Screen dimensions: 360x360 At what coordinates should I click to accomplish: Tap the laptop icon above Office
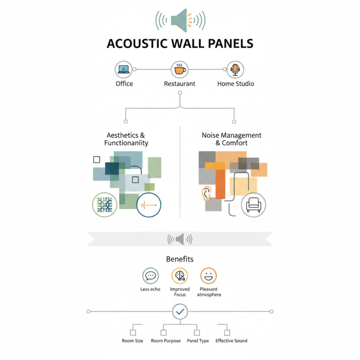124,69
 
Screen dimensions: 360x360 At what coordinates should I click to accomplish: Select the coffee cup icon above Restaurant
180,69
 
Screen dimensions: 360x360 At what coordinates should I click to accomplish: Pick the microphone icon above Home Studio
235,69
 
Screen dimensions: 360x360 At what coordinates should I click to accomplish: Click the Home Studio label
235,84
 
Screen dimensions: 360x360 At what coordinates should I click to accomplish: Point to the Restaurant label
180,84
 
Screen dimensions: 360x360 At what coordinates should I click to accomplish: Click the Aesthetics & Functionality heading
126,139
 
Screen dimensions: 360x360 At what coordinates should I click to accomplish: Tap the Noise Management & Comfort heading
232,139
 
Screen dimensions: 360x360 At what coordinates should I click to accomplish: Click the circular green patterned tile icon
104,205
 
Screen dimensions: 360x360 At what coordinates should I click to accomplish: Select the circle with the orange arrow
148,205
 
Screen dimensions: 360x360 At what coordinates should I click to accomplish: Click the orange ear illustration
207,193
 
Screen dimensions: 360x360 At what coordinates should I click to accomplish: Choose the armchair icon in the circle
253,205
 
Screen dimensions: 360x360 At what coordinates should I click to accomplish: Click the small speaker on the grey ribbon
180,239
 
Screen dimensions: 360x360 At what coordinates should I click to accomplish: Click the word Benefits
180,259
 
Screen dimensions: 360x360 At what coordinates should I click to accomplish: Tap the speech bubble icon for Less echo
150,275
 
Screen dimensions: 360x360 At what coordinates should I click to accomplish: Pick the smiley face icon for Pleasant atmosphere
208,275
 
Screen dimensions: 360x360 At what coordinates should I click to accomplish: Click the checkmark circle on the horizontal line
180,311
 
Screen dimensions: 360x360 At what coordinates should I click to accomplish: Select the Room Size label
133,341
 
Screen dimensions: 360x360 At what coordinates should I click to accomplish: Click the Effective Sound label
231,341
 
